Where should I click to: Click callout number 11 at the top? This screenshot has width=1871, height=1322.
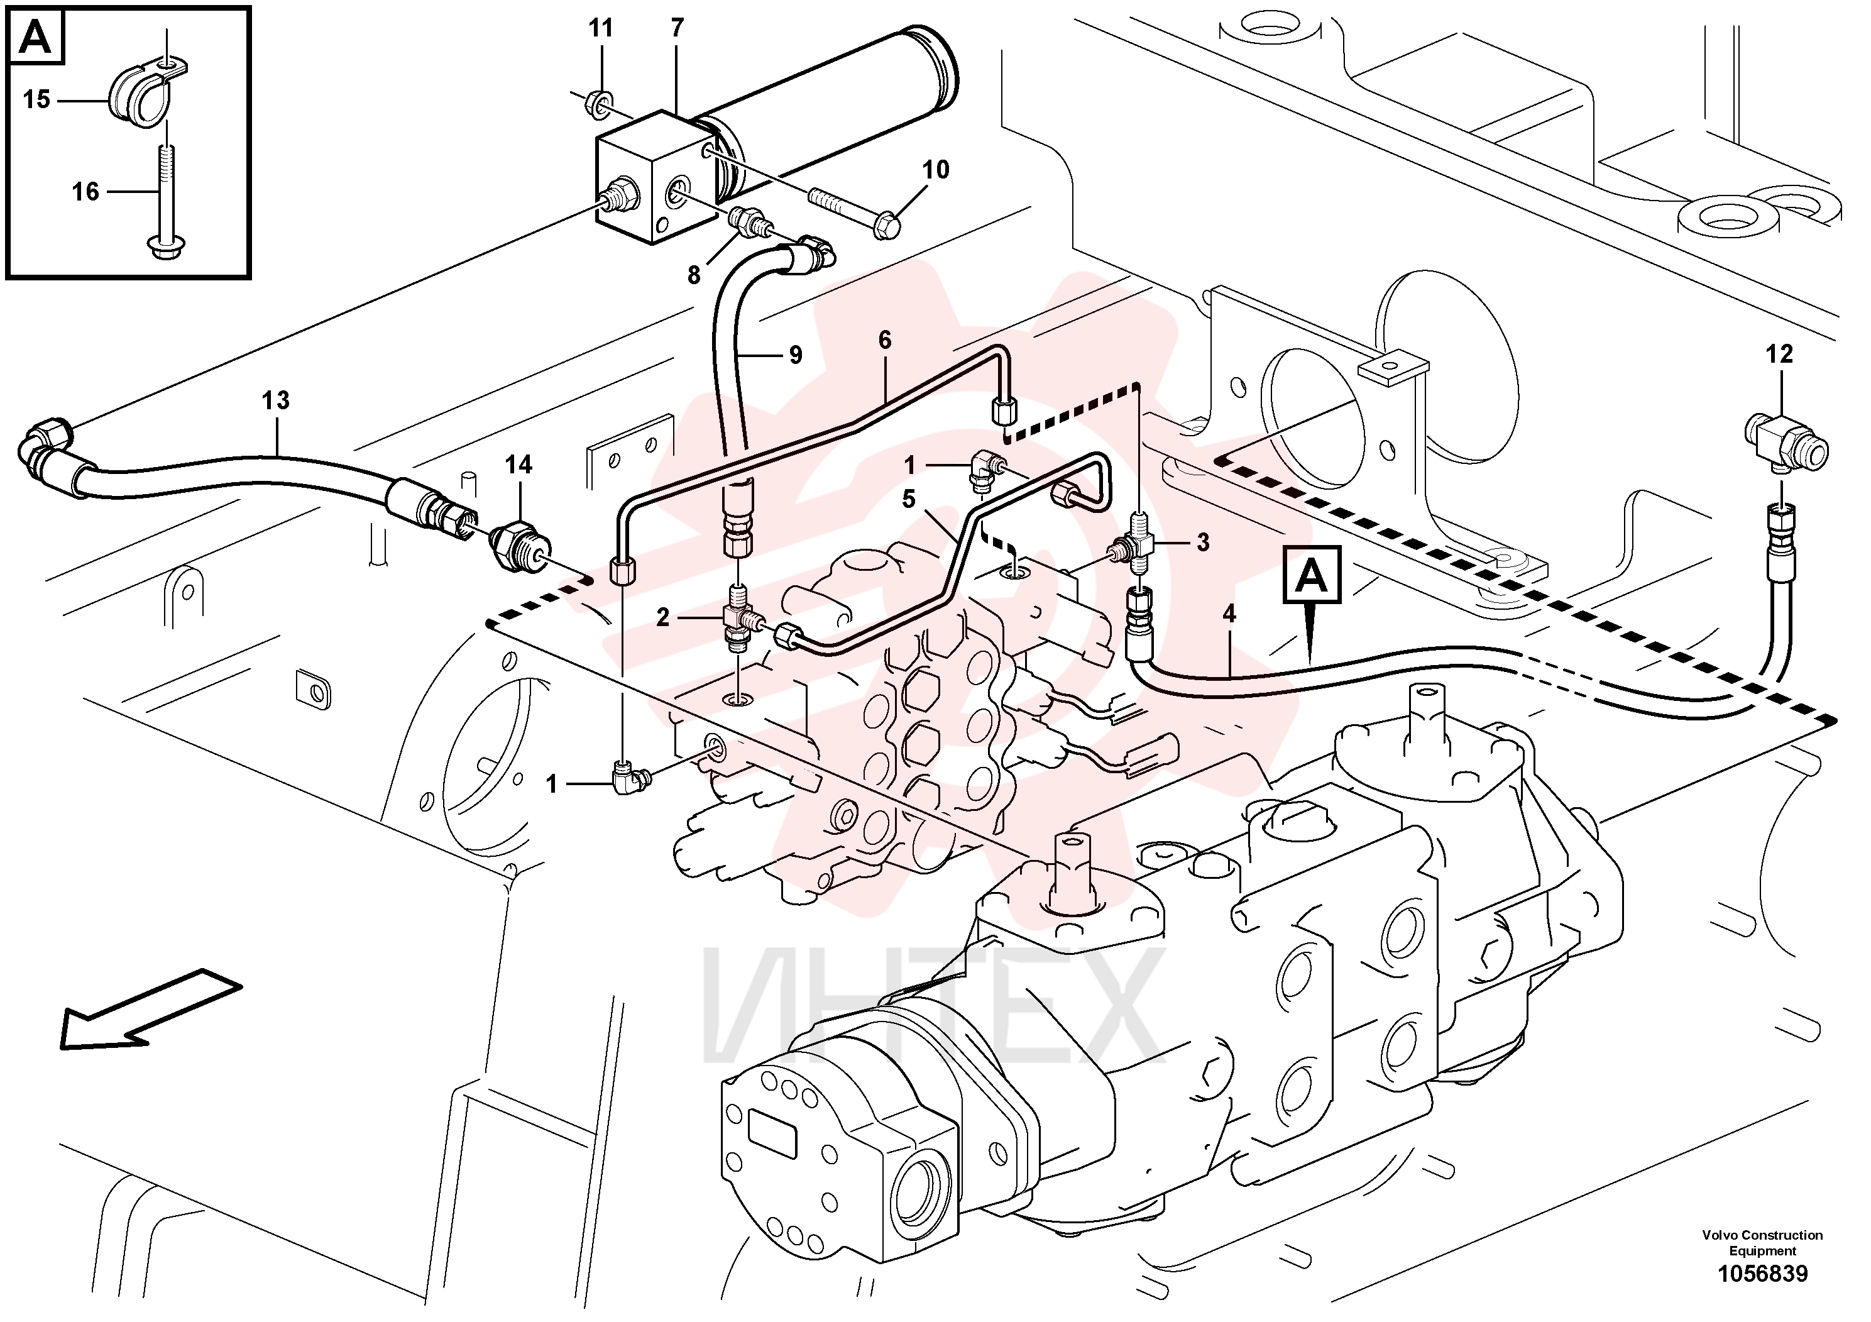(601, 28)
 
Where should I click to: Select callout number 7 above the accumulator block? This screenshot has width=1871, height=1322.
(677, 28)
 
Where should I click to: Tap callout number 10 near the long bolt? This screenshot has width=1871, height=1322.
(935, 170)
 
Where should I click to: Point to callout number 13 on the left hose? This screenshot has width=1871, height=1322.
(275, 400)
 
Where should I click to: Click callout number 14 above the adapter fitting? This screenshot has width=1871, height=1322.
(519, 465)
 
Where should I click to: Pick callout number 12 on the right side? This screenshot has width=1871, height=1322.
(1780, 354)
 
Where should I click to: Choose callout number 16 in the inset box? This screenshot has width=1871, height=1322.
(85, 192)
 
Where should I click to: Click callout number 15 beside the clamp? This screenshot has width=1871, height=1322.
(36, 99)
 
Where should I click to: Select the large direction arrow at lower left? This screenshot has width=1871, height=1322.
(151, 1008)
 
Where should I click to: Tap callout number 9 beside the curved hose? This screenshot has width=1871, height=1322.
(796, 355)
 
